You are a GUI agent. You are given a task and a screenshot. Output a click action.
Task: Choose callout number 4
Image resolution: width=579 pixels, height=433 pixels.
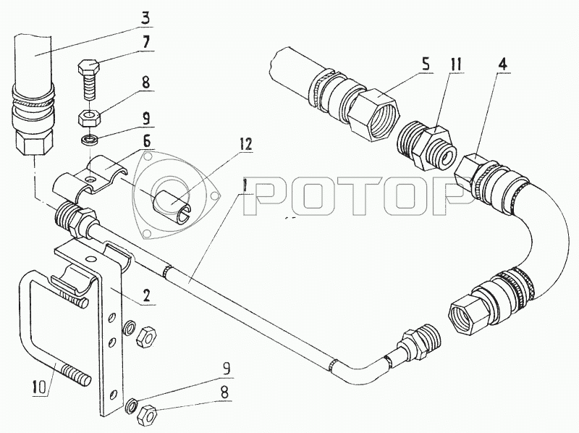tap(502, 64)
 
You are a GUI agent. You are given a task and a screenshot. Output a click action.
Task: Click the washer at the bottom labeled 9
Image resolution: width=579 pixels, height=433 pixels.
tap(133, 404)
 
